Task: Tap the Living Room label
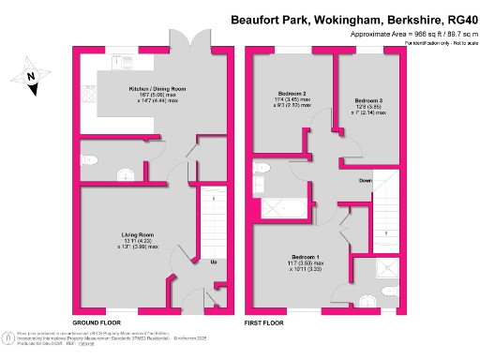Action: tap(137, 234)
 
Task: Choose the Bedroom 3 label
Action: tap(368, 100)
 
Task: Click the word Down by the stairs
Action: tap(366, 180)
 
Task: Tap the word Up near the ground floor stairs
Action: tap(215, 261)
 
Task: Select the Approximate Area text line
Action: tap(405, 32)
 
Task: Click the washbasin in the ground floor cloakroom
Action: tap(91, 160)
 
